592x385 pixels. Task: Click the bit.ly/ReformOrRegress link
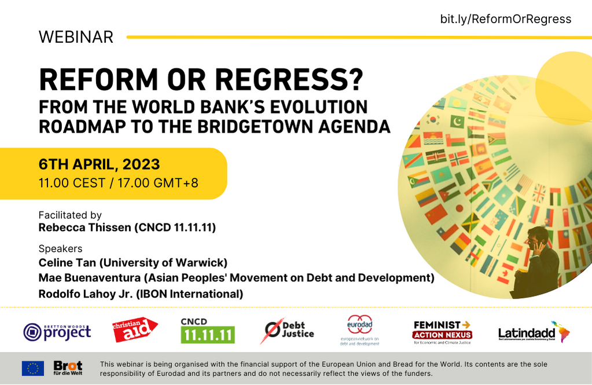505,19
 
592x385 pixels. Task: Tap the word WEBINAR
76,37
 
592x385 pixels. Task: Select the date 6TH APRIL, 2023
99,164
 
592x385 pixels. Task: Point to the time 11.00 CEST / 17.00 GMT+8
119,183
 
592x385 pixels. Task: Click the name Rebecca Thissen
84,228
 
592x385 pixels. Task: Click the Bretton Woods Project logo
57,331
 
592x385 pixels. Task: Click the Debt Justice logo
287,331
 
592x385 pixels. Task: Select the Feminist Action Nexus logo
443,332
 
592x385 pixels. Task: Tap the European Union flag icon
32,368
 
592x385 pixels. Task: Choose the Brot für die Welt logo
68,368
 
